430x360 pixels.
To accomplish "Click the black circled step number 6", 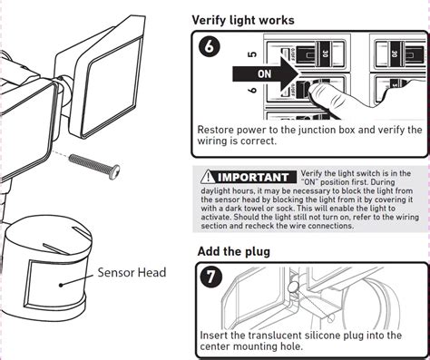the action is tap(209, 47).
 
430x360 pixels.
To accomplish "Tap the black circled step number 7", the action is tap(210, 277).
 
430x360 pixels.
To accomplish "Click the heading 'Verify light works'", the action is tap(243, 20).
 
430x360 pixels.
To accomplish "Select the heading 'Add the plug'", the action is tap(233, 251).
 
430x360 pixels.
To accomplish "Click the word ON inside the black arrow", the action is tap(264, 74).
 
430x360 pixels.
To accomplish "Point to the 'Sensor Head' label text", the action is tap(132, 272).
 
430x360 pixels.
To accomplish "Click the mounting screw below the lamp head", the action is tap(94, 166).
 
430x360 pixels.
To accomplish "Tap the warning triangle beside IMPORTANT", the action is tap(208, 177).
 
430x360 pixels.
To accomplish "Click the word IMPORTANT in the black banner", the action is tap(253, 177).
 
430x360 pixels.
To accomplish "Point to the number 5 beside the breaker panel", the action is tap(252, 54).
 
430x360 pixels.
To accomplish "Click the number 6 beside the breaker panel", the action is tap(252, 90).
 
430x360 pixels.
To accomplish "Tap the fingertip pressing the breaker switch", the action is tap(316, 91).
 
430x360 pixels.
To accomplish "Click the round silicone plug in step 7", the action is tap(293, 287).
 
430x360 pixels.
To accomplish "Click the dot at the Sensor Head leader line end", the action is tap(61, 285).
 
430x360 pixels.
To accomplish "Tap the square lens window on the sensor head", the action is tap(57, 283).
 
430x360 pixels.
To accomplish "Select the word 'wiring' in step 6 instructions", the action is tap(212, 141).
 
